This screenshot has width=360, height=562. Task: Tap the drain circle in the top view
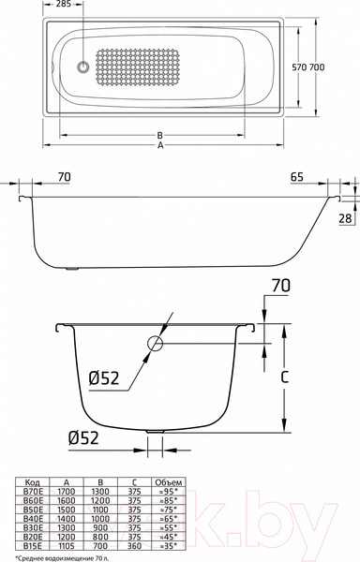(83, 67)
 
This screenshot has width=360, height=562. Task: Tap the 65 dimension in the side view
(296, 177)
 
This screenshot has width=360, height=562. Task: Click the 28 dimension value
(344, 217)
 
